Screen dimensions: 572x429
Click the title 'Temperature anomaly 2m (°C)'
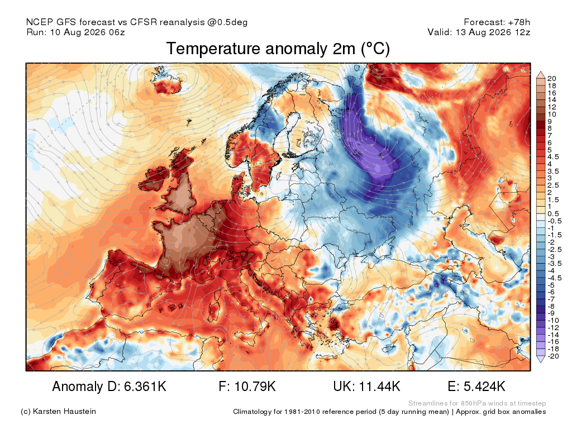click(x=278, y=49)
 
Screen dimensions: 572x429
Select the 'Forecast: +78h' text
click(x=497, y=22)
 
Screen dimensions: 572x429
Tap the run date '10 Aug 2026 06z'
click(x=88, y=32)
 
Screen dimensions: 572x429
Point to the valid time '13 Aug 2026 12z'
click(x=493, y=32)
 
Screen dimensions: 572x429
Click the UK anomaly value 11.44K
click(x=380, y=386)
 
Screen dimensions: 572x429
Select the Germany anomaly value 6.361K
click(x=145, y=386)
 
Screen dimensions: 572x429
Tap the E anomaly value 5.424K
click(x=484, y=386)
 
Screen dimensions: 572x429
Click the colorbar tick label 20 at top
click(x=551, y=78)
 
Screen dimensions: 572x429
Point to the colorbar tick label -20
click(x=553, y=356)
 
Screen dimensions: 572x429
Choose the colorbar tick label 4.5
click(x=552, y=157)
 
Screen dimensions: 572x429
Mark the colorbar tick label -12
click(x=553, y=328)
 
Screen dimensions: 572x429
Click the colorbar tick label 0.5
click(x=553, y=214)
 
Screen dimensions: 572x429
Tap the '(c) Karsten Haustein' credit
click(x=58, y=412)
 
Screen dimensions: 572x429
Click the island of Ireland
click(x=156, y=178)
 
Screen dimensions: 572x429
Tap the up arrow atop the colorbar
click(x=541, y=75)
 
